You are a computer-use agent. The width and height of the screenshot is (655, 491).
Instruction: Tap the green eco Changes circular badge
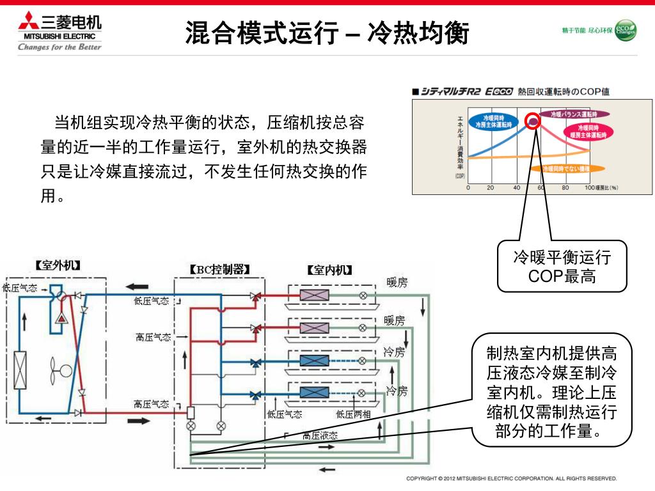[625, 30]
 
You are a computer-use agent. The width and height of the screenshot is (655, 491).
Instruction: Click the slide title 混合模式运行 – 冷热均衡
[327, 33]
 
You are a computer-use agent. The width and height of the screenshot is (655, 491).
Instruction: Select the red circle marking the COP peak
[533, 121]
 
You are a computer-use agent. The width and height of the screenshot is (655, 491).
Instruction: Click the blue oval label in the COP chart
[494, 121]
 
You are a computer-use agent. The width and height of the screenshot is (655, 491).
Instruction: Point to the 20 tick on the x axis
[490, 188]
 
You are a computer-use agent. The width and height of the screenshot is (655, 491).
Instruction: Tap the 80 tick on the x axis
[565, 188]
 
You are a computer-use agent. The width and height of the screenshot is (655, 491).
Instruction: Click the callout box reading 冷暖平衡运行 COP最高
[562, 267]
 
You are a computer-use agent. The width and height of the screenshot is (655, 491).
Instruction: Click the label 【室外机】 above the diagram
[57, 265]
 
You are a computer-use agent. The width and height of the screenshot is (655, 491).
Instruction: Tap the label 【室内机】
[329, 270]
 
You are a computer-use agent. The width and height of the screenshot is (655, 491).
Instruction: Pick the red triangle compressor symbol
[61, 318]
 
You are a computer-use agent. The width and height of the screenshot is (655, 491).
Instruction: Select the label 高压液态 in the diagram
[320, 436]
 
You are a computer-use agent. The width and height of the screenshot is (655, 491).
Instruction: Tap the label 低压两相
[353, 414]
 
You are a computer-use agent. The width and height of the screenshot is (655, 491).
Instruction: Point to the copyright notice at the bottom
[512, 478]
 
